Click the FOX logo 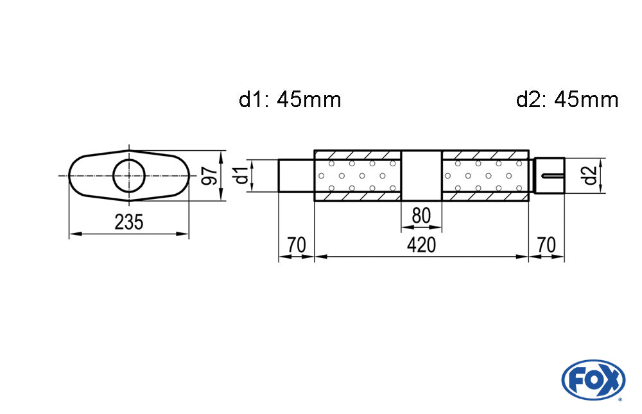click(x=593, y=379)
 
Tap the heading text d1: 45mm click(x=290, y=99)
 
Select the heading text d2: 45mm click(x=567, y=99)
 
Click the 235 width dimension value click(x=128, y=222)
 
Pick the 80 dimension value click(x=421, y=216)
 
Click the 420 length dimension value click(x=421, y=245)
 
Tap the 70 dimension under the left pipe click(x=296, y=245)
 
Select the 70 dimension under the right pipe click(x=546, y=245)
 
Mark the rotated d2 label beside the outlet click(x=590, y=175)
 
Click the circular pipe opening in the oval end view click(x=129, y=176)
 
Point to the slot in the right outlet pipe click(x=553, y=176)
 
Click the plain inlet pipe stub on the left click(x=297, y=176)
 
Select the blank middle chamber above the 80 click(x=421, y=176)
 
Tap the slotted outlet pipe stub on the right click(x=550, y=175)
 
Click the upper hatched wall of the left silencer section click(x=358, y=155)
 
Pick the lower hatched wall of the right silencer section click(x=485, y=196)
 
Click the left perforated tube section click(x=358, y=176)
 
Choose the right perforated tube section click(x=485, y=176)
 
